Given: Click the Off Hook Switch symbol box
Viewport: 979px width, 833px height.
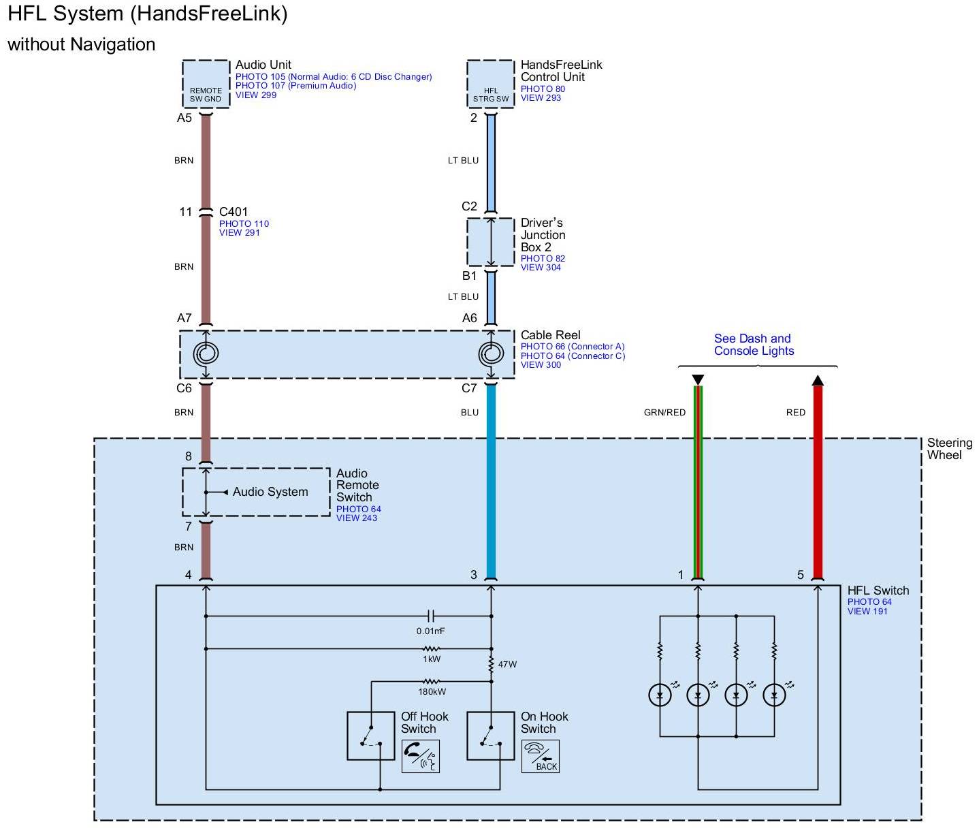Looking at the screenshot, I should [x=370, y=736].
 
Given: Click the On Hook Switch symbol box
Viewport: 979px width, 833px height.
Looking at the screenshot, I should [x=490, y=736].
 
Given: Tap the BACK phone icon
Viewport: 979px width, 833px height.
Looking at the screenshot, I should [x=540, y=756].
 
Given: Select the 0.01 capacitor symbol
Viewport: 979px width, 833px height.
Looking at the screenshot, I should [x=431, y=616].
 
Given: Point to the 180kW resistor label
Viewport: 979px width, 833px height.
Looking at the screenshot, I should [x=432, y=692].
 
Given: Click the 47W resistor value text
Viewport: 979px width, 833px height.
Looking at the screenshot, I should [x=507, y=664].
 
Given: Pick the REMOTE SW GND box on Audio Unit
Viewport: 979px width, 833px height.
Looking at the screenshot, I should [x=206, y=84].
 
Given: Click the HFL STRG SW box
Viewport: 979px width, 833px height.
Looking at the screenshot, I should [x=490, y=84].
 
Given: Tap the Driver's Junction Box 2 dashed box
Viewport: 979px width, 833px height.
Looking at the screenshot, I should [x=490, y=242].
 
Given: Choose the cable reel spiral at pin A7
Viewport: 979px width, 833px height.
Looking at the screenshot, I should [x=206, y=353].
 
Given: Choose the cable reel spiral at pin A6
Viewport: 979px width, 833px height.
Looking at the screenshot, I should [x=490, y=353].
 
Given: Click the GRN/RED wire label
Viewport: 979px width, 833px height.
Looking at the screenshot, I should [x=664, y=412].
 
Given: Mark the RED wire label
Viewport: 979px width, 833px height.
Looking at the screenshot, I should [x=795, y=412].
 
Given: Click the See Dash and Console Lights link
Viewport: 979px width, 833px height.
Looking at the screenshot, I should [x=753, y=345].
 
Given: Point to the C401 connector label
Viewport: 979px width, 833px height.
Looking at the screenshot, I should [x=234, y=212].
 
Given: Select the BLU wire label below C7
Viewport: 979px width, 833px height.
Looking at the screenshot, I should [x=469, y=412].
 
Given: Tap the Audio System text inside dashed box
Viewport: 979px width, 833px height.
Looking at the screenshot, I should [x=270, y=492].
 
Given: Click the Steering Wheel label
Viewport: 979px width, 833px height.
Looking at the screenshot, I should [x=949, y=449].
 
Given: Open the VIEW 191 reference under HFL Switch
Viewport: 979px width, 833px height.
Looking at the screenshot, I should [x=867, y=611].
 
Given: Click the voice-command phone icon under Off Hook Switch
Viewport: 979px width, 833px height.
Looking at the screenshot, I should [x=420, y=756].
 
